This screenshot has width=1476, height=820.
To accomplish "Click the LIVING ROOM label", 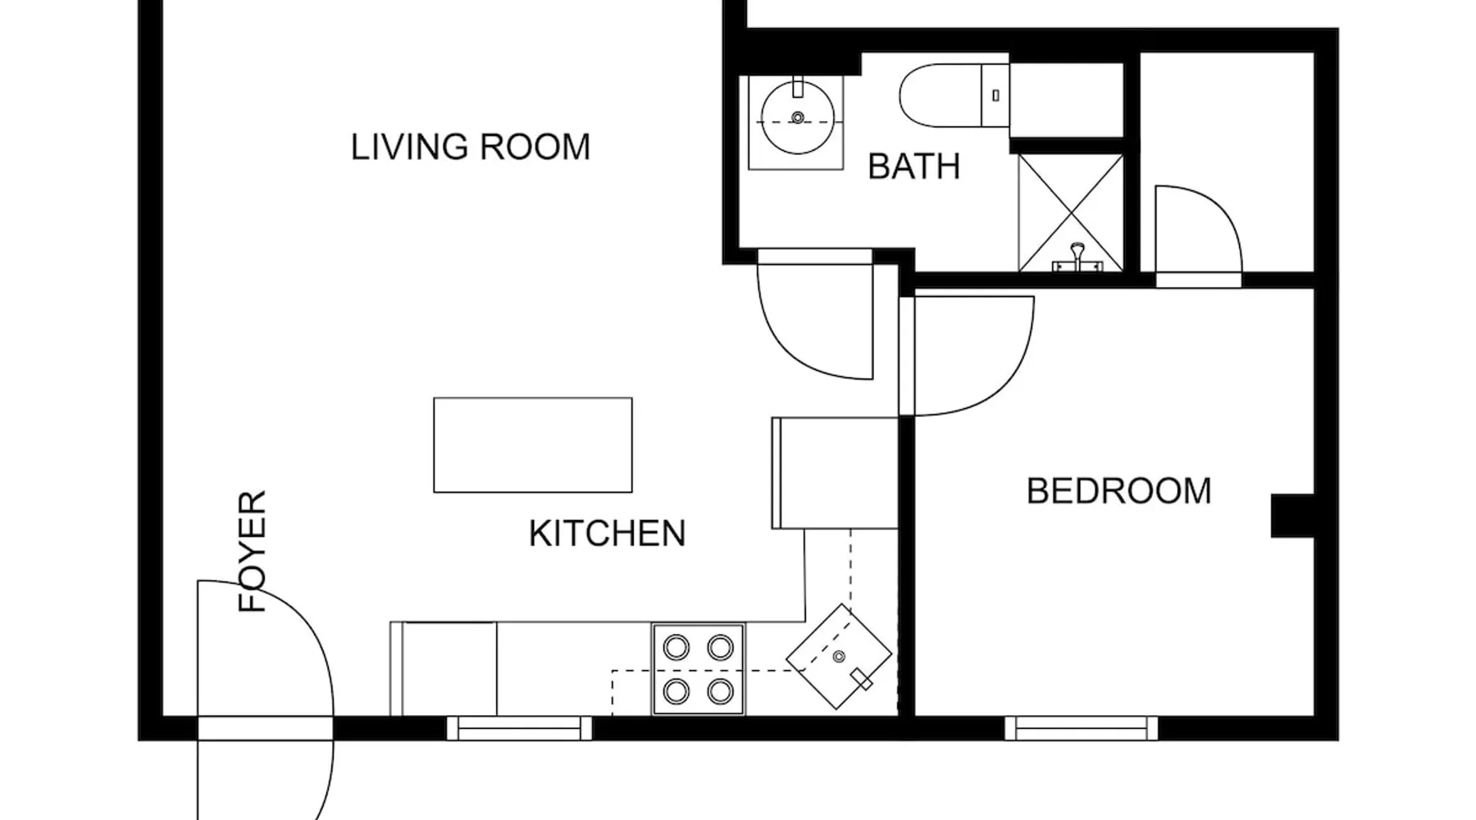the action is tap(471, 148).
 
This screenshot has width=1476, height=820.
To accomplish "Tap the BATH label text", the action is tap(914, 166).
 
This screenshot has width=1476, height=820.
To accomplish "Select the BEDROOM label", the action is tap(1119, 491).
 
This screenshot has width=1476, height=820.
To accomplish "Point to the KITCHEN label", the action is tap(607, 534).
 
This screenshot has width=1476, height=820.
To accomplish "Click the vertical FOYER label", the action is tap(253, 551).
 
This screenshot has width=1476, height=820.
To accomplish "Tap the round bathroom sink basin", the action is tap(798, 117).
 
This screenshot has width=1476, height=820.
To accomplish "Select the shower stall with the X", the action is tap(1071, 212).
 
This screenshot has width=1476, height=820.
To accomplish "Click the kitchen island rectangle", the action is tap(533, 445).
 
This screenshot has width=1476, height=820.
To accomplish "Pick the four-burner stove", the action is tap(699, 669).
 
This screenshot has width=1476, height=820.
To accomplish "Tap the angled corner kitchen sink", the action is tap(839, 656).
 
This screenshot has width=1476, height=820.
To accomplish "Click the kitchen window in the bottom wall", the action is tap(519, 728).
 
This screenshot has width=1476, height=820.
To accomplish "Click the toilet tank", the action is tap(995, 95).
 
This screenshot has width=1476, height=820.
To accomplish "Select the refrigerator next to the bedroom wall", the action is tap(835, 473).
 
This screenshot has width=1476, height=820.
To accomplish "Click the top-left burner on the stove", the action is tap(676, 648).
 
